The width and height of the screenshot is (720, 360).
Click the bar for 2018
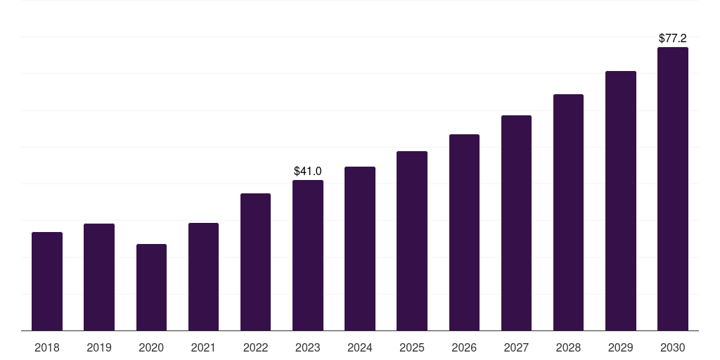coord(47,281)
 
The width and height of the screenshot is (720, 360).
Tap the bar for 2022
coord(255,262)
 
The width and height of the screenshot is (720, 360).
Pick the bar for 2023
coord(308,255)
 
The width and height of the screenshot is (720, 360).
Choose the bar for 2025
coord(412,240)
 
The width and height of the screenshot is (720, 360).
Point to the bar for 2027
coord(516,223)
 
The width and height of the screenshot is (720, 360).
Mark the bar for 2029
coord(621,200)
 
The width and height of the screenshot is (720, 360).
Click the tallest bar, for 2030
coord(673,188)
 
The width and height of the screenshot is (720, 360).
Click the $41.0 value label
coord(308,171)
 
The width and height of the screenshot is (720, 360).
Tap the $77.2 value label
coord(673,38)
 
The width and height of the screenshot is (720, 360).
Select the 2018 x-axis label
coord(47,347)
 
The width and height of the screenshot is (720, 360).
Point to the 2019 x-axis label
coord(99,347)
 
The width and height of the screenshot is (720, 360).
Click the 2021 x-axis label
coord(203,347)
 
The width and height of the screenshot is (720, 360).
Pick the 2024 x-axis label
coord(360,347)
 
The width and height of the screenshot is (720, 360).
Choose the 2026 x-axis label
coord(464,347)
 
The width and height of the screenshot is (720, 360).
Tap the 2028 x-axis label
coord(568,347)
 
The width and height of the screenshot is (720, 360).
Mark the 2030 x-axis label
coord(673,347)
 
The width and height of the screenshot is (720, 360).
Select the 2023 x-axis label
coord(308,347)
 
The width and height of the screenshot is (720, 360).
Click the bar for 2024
coord(360,248)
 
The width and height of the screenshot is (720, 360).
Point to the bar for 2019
coord(99,277)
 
